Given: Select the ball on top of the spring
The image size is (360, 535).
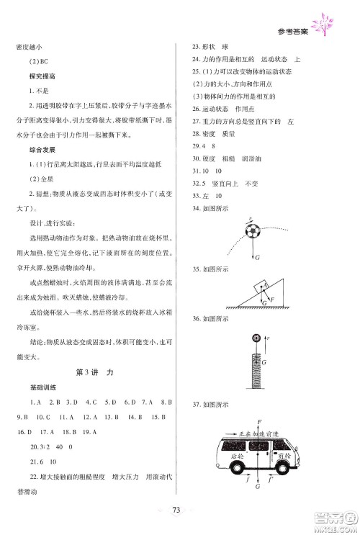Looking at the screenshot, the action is tap(256, 338).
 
